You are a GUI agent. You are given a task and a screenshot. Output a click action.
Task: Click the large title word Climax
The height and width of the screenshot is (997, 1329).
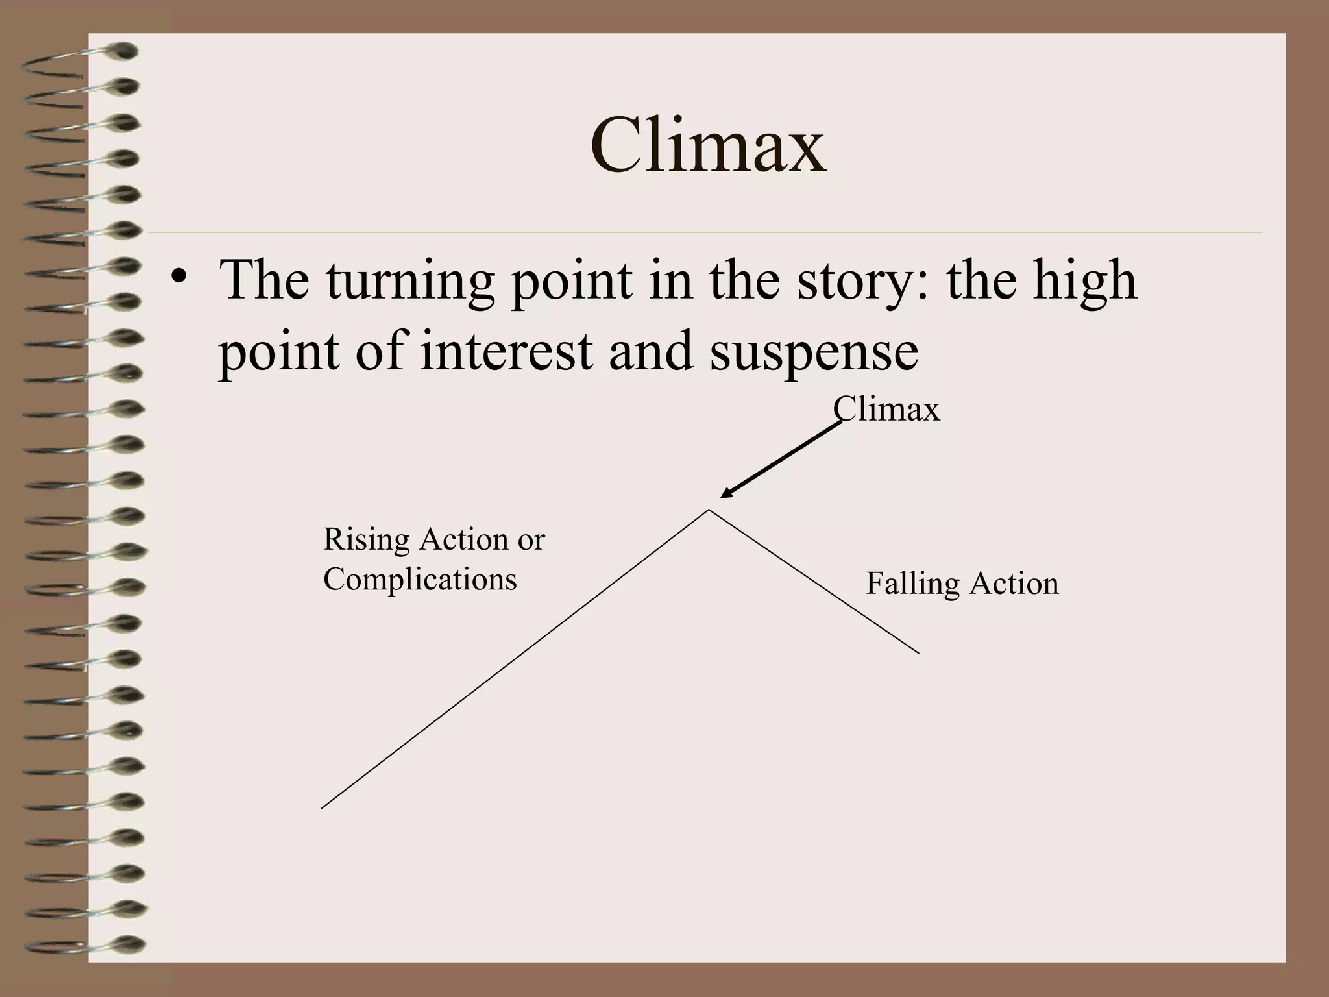point(708,146)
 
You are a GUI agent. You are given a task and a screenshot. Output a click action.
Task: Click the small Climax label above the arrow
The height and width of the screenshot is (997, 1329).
point(886,410)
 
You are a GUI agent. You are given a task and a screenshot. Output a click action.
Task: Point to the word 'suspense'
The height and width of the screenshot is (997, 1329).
point(814,352)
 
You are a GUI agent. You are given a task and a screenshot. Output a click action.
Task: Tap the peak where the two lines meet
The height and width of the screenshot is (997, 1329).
point(709,510)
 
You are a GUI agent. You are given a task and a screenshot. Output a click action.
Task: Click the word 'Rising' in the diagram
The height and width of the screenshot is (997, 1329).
point(366,540)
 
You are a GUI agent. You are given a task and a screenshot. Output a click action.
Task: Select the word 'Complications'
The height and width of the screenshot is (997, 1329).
point(420,579)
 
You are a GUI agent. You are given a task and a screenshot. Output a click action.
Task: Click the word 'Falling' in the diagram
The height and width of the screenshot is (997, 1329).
point(912,584)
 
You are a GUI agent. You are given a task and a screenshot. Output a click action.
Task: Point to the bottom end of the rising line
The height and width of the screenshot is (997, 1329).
point(323,807)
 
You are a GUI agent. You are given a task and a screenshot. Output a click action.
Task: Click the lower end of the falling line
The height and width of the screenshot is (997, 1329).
point(918,652)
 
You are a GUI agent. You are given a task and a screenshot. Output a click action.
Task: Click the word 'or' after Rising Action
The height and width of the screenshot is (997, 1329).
point(531,540)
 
